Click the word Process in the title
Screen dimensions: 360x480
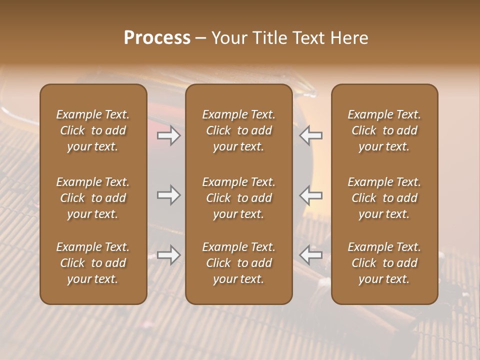[x=157, y=38]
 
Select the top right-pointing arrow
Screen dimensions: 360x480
[x=169, y=135]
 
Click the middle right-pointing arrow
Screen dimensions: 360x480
[x=169, y=195]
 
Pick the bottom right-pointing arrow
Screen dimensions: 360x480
[x=169, y=255]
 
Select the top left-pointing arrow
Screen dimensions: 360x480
[x=311, y=135]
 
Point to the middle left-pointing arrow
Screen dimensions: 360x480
[x=311, y=195]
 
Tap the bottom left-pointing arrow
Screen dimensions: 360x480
[x=311, y=255]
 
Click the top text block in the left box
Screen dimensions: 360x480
[x=93, y=130]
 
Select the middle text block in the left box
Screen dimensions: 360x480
[x=93, y=198]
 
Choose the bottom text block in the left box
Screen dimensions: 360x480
[x=93, y=263]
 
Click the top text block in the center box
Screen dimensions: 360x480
[x=238, y=130]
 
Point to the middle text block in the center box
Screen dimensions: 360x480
[x=238, y=198]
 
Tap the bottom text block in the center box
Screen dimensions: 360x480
[x=238, y=263]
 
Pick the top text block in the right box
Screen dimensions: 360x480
[x=384, y=130]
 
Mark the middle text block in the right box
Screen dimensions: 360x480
[x=384, y=198]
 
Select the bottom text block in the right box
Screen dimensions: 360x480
[x=384, y=263]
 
